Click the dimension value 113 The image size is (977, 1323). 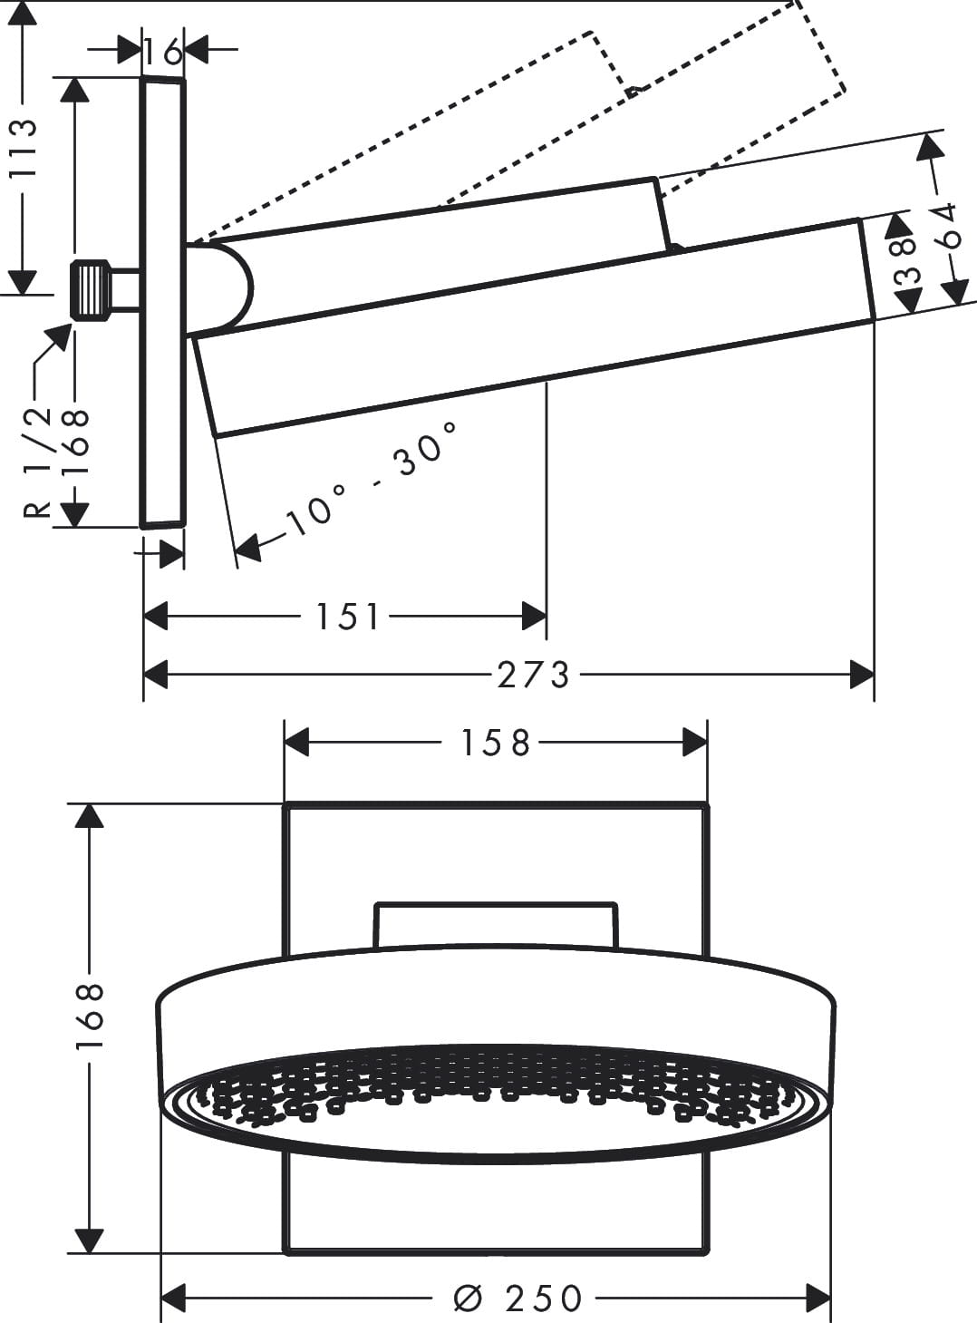click(x=21, y=148)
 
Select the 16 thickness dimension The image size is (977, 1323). click(x=163, y=53)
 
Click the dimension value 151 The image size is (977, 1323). click(x=346, y=618)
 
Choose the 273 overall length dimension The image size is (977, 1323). click(x=533, y=675)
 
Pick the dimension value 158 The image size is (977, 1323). click(x=494, y=744)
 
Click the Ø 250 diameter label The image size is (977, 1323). click(x=518, y=1299)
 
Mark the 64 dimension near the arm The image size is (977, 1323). click(x=946, y=227)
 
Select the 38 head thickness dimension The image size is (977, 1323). click(x=906, y=263)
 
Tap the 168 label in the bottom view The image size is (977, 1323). click(x=90, y=1015)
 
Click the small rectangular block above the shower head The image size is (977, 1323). click(x=496, y=925)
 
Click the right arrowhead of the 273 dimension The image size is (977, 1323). click(x=863, y=675)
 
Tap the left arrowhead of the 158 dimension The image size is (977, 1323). click(x=297, y=744)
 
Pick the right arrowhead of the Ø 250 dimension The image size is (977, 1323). click(x=819, y=1298)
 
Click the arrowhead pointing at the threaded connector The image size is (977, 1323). click(x=60, y=336)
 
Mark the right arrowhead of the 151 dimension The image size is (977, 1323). click(x=535, y=618)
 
